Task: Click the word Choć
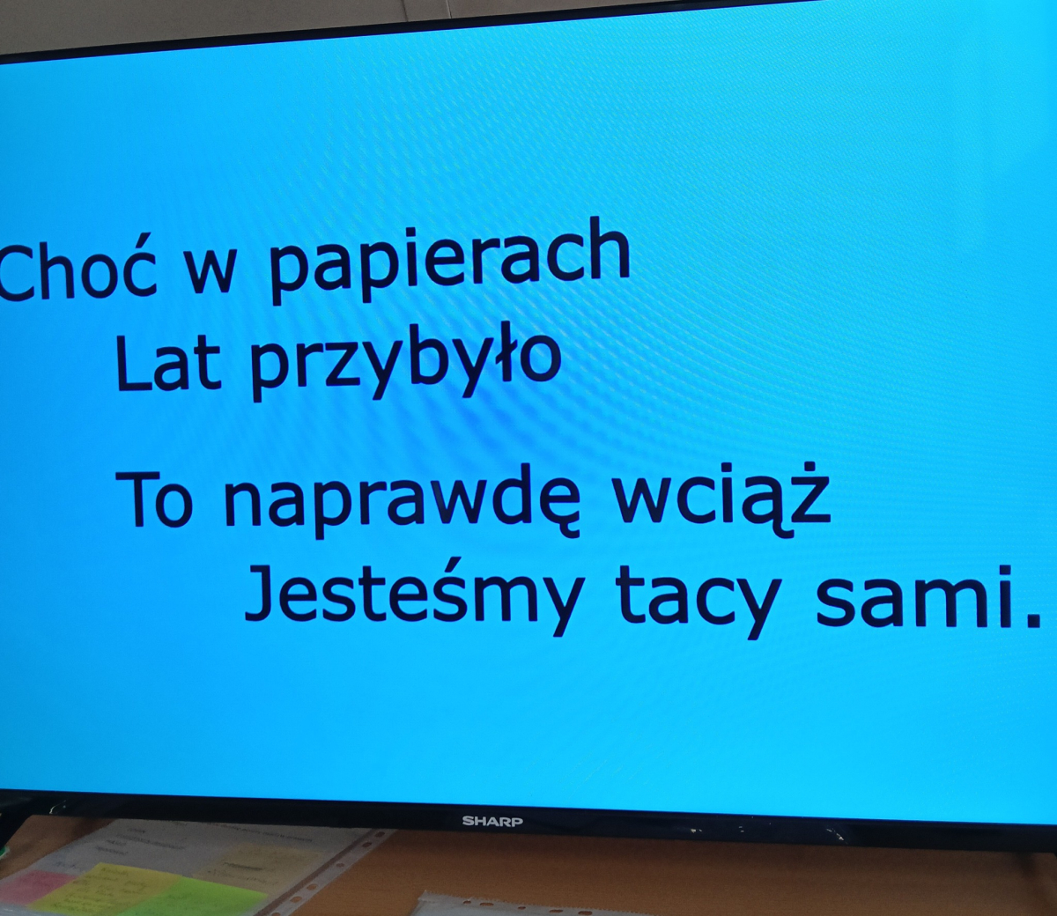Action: [77, 269]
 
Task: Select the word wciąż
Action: [721, 499]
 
